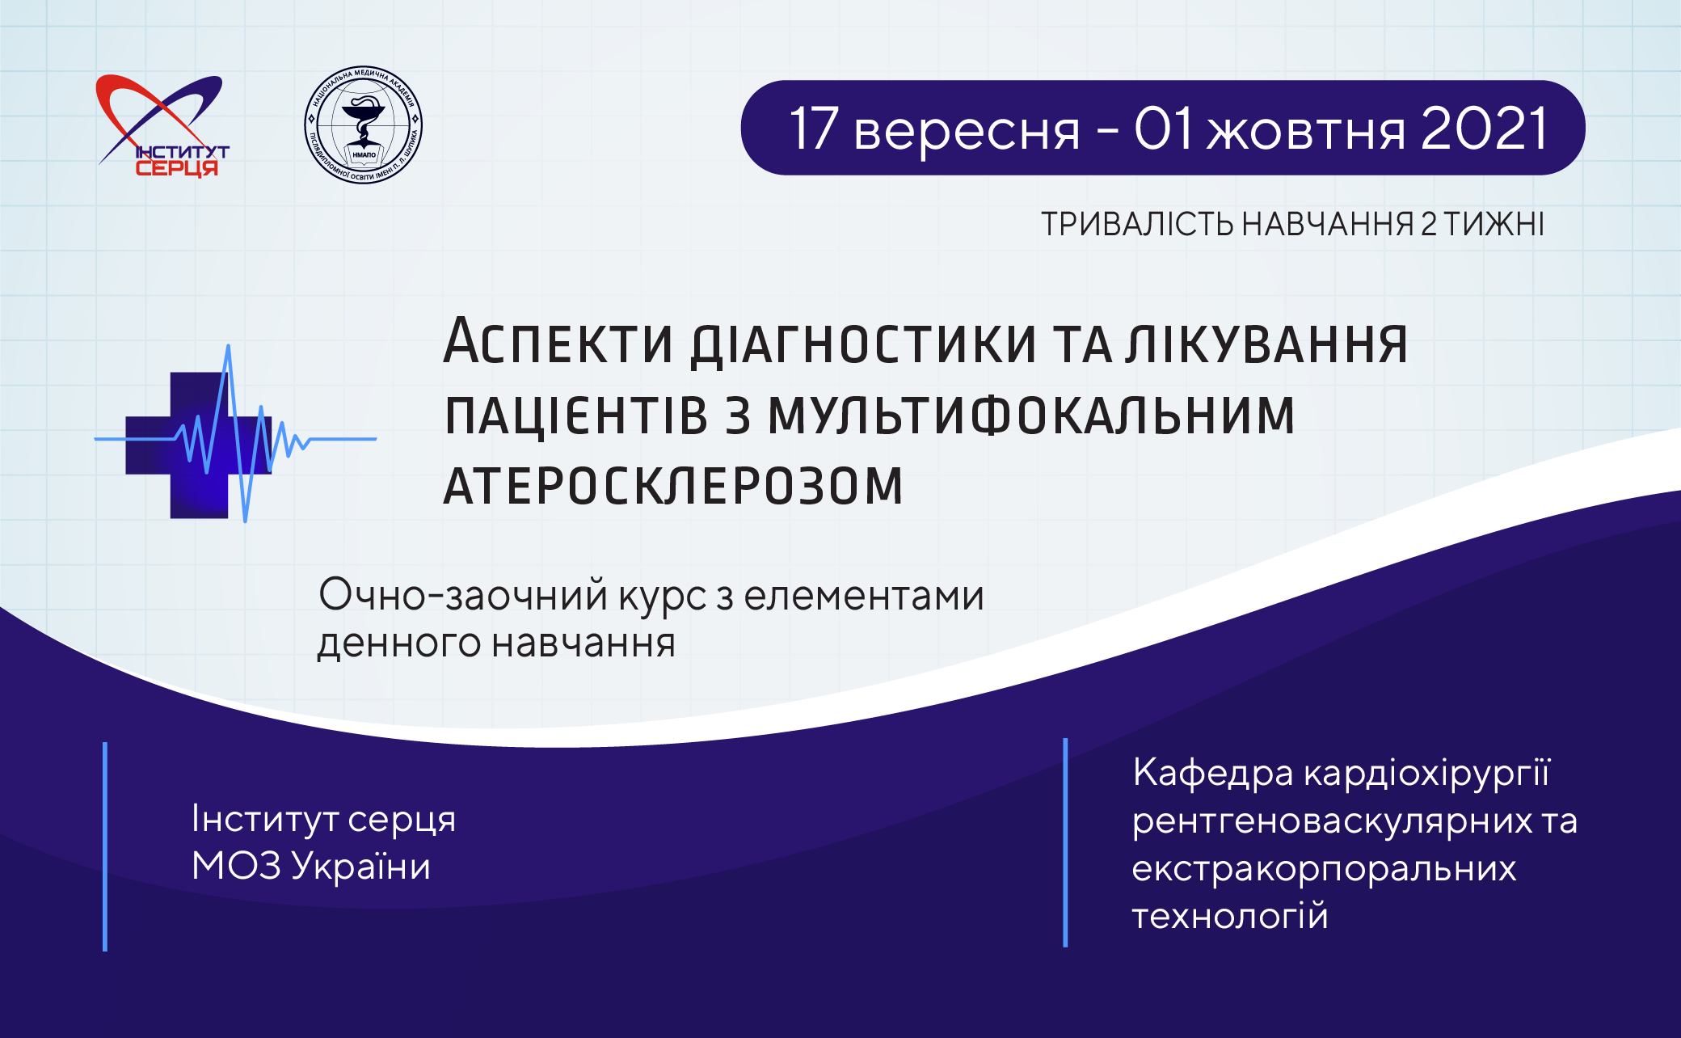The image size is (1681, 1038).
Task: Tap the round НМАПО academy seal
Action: coord(363,124)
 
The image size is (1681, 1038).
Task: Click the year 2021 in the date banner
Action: coord(1484,129)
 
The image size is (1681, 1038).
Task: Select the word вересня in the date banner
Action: coord(967,131)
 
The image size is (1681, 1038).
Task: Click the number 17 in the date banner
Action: coord(814,129)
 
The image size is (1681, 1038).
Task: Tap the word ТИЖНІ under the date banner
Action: coord(1494,224)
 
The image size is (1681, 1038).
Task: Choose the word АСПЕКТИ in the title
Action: coord(558,343)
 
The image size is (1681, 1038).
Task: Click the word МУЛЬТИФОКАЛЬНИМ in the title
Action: coord(1031,415)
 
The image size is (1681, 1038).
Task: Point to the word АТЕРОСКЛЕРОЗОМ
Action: coord(673,486)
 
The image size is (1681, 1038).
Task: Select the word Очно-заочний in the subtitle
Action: coord(463,596)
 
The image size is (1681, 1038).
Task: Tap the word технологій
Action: coord(1230,916)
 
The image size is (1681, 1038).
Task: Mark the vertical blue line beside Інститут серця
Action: coord(105,846)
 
